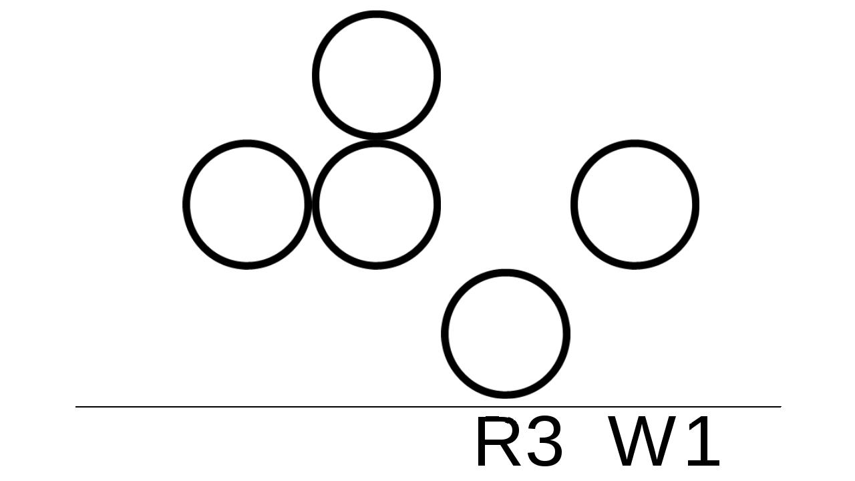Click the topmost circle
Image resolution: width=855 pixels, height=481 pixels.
pyautogui.click(x=376, y=75)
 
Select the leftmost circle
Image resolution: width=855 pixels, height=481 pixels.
pyautogui.click(x=247, y=204)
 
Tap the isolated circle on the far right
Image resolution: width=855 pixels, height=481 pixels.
pyautogui.click(x=635, y=204)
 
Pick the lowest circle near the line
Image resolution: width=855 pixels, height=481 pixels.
pyautogui.click(x=506, y=334)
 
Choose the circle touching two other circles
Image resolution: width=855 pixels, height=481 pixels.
pyautogui.click(x=376, y=204)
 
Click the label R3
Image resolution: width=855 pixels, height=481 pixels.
pyautogui.click(x=520, y=442)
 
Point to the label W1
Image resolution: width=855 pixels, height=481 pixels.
pyautogui.click(x=665, y=442)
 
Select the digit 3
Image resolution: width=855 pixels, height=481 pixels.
pyautogui.click(x=544, y=442)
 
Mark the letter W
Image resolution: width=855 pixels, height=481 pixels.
pyautogui.click(x=640, y=442)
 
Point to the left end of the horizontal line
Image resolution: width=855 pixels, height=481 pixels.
pyautogui.click(x=77, y=406)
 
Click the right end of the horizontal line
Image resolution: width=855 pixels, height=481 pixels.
pyautogui.click(x=780, y=406)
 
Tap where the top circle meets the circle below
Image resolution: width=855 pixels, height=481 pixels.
pyautogui.click(x=376, y=139)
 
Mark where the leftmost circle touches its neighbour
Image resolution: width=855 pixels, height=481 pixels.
pyautogui.click(x=312, y=204)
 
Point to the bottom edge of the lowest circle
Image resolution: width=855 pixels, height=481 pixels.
pyautogui.click(x=506, y=395)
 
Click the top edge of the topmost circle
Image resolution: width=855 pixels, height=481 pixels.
pyautogui.click(x=376, y=14)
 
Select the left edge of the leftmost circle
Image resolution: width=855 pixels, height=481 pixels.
pyautogui.click(x=186, y=204)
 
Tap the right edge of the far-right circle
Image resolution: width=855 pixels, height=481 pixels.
pyautogui.click(x=695, y=204)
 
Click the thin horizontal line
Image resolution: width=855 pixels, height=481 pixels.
pyautogui.click(x=267, y=406)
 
